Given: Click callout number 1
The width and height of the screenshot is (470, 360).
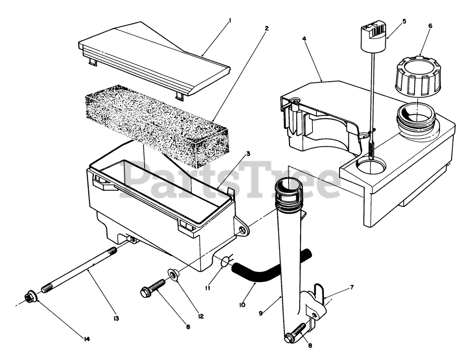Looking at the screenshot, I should click(x=230, y=21).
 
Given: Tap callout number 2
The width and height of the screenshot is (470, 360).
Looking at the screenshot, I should click(x=267, y=28).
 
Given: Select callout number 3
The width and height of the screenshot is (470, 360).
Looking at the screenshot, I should click(x=248, y=154).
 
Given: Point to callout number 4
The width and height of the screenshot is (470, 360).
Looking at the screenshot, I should click(x=304, y=38).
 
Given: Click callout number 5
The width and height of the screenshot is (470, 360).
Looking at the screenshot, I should click(x=404, y=21).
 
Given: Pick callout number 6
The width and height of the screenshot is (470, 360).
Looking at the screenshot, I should click(x=430, y=26).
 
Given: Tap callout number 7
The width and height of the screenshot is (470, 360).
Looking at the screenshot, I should click(x=352, y=287).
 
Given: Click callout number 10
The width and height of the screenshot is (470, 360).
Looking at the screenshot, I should click(x=242, y=305).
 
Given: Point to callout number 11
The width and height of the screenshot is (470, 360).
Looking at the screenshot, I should click(x=208, y=288).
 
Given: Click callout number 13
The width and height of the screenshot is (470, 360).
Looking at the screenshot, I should click(x=116, y=318).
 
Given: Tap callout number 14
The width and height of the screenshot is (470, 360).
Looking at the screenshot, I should click(x=87, y=339).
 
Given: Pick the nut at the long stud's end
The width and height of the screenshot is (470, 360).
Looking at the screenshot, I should click(x=30, y=298).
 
